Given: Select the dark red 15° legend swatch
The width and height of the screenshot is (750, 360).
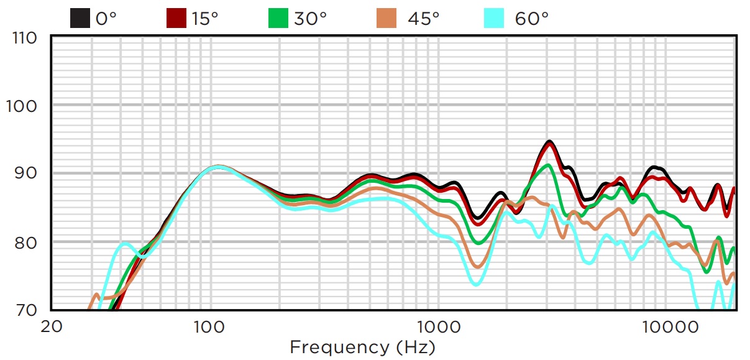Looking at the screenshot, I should [176, 18].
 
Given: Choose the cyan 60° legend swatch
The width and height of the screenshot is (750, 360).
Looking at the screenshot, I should [493, 18].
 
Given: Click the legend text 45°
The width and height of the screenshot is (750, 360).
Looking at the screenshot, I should [423, 19].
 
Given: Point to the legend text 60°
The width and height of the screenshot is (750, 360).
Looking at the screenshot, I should [531, 19].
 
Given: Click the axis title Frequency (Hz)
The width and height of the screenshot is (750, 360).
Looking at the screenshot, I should [362, 346].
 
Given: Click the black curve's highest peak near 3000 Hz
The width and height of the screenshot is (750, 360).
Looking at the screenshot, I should [549, 142].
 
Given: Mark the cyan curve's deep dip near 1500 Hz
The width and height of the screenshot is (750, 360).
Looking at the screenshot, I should [475, 284].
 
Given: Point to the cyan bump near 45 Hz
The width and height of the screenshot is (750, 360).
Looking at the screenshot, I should [125, 244].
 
